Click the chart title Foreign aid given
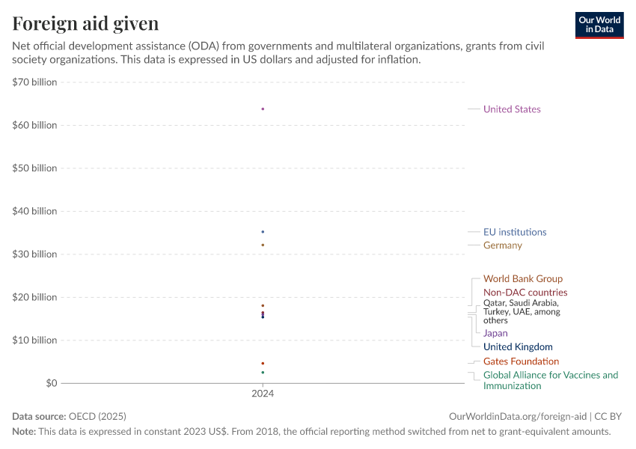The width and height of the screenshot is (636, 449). [x=85, y=23]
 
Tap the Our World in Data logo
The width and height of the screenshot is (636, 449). [x=599, y=25]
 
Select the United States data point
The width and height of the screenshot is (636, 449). [x=263, y=109]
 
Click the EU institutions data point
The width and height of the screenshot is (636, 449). [x=263, y=232]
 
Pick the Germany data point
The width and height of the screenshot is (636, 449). [x=263, y=245]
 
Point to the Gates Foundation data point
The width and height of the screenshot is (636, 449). [x=263, y=363]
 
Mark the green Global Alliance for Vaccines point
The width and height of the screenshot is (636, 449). [x=263, y=372]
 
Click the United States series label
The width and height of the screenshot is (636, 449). [x=512, y=109]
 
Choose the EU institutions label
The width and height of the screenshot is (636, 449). [x=515, y=232]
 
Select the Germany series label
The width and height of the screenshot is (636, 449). [x=503, y=245]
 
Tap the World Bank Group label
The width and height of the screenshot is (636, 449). [x=523, y=279]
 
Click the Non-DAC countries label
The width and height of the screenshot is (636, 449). [x=525, y=293]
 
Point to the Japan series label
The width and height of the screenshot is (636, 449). [x=495, y=333]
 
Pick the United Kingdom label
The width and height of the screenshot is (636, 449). [x=518, y=347]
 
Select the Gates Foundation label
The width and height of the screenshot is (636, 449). [x=521, y=361]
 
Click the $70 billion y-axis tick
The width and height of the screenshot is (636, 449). [x=34, y=82]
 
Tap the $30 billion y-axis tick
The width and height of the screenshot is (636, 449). [x=34, y=254]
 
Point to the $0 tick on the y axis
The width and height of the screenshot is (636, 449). [x=49, y=383]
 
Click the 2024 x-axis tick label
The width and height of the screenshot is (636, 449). [x=263, y=393]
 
